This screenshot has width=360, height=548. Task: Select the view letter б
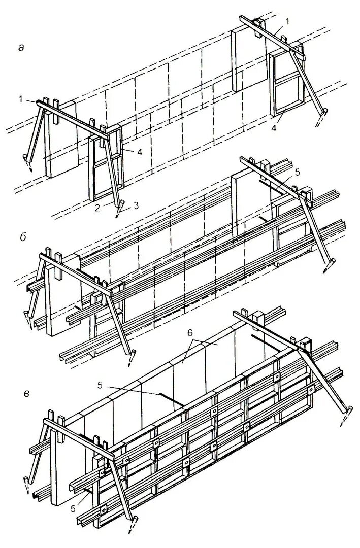click(20, 236)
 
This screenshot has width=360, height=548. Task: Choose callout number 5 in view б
click(297, 173)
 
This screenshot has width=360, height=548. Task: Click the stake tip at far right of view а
click(320, 124)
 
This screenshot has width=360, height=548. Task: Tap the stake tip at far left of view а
click(29, 170)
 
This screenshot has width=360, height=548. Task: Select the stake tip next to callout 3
click(118, 215)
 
